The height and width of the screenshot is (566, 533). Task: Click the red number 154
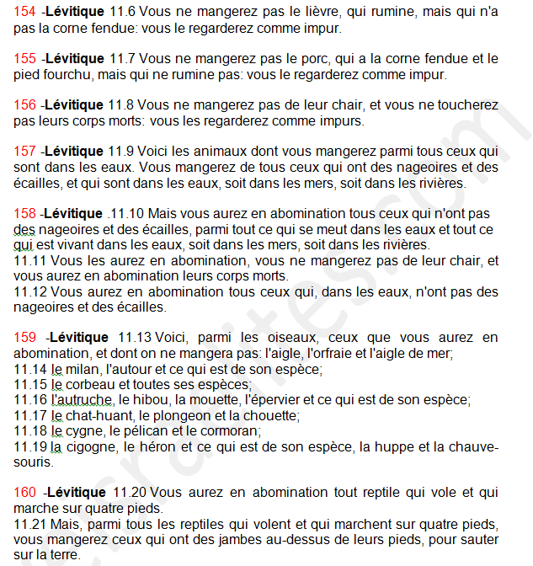(25, 13)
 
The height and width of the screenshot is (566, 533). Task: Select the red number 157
(25, 152)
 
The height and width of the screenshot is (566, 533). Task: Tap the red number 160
(25, 493)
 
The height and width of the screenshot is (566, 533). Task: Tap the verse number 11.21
(30, 524)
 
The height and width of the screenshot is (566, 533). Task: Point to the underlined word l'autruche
(83, 399)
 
